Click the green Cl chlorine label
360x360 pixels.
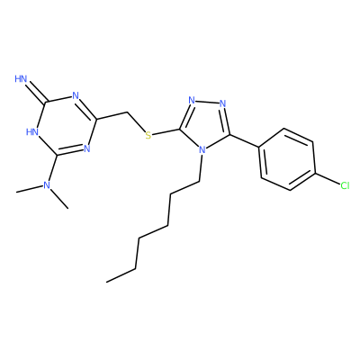coord(345,185)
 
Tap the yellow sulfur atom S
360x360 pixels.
coord(148,135)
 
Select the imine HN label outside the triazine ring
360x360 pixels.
coord(21,79)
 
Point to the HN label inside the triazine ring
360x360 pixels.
coord(32,131)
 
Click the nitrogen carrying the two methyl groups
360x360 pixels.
coord(46,185)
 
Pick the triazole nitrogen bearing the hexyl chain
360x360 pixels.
coord(202,149)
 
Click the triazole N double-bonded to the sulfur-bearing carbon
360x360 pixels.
coord(192,101)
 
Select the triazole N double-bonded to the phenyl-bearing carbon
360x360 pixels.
coord(222,103)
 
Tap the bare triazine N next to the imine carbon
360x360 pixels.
coord(76,96)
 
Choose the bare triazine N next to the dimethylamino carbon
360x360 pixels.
coord(87,148)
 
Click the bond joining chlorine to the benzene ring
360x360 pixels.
coord(328,179)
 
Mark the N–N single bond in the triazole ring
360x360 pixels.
coord(207,102)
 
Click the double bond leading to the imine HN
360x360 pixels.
coord(36,91)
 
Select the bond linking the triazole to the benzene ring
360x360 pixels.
coord(244,140)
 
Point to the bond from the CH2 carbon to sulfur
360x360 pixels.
coord(136,122)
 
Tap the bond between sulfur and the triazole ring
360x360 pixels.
coord(166,132)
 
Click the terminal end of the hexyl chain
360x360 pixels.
coord(106,282)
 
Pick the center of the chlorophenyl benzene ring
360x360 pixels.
coord(287,159)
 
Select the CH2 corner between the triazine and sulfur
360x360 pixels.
coord(128,112)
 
